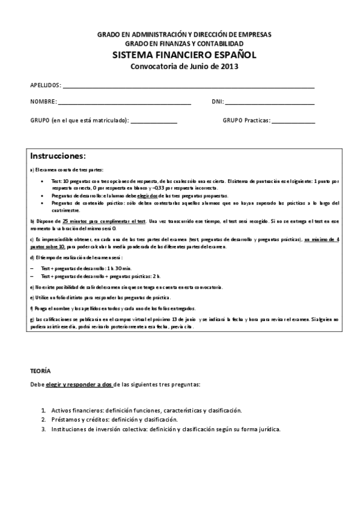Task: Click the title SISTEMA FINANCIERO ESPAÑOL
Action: click(184, 55)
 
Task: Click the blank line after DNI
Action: click(269, 104)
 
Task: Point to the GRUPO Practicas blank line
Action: click(293, 122)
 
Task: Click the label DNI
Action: click(217, 102)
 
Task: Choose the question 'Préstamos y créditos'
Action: click(114, 419)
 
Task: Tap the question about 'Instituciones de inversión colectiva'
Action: click(165, 429)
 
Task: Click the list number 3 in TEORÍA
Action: click(43, 429)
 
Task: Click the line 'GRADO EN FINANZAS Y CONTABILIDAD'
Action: click(184, 45)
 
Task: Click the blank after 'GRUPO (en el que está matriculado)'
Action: click(153, 122)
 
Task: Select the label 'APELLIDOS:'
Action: click(45, 85)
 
